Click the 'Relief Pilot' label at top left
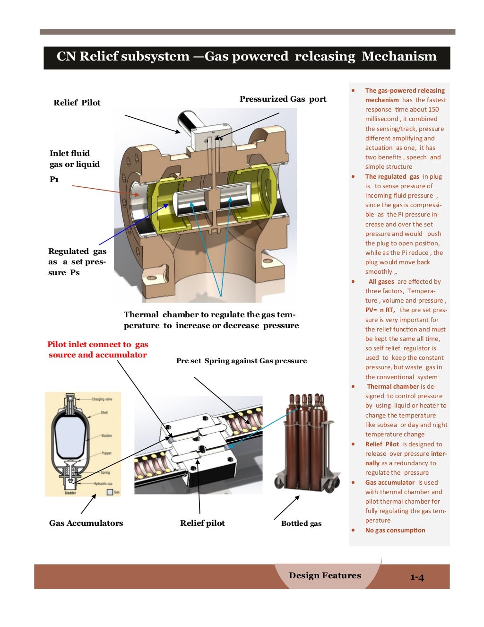click(x=77, y=103)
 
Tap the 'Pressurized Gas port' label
click(x=283, y=99)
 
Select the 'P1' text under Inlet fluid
click(x=54, y=179)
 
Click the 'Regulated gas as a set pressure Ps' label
click(x=77, y=261)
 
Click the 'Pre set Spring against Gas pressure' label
click(x=241, y=361)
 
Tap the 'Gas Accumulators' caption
click(x=86, y=523)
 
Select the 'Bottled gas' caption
click(x=301, y=523)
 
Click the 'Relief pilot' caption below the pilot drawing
click(x=202, y=523)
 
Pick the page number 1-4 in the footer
click(x=417, y=577)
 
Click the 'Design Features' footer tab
click(x=325, y=575)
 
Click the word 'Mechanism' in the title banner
click(x=399, y=56)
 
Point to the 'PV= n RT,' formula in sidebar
click(x=380, y=310)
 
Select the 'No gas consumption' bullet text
click(x=395, y=530)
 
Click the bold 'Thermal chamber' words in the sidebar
click(x=393, y=386)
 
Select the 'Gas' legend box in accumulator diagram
click(x=110, y=492)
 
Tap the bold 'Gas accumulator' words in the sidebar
click(x=389, y=482)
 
